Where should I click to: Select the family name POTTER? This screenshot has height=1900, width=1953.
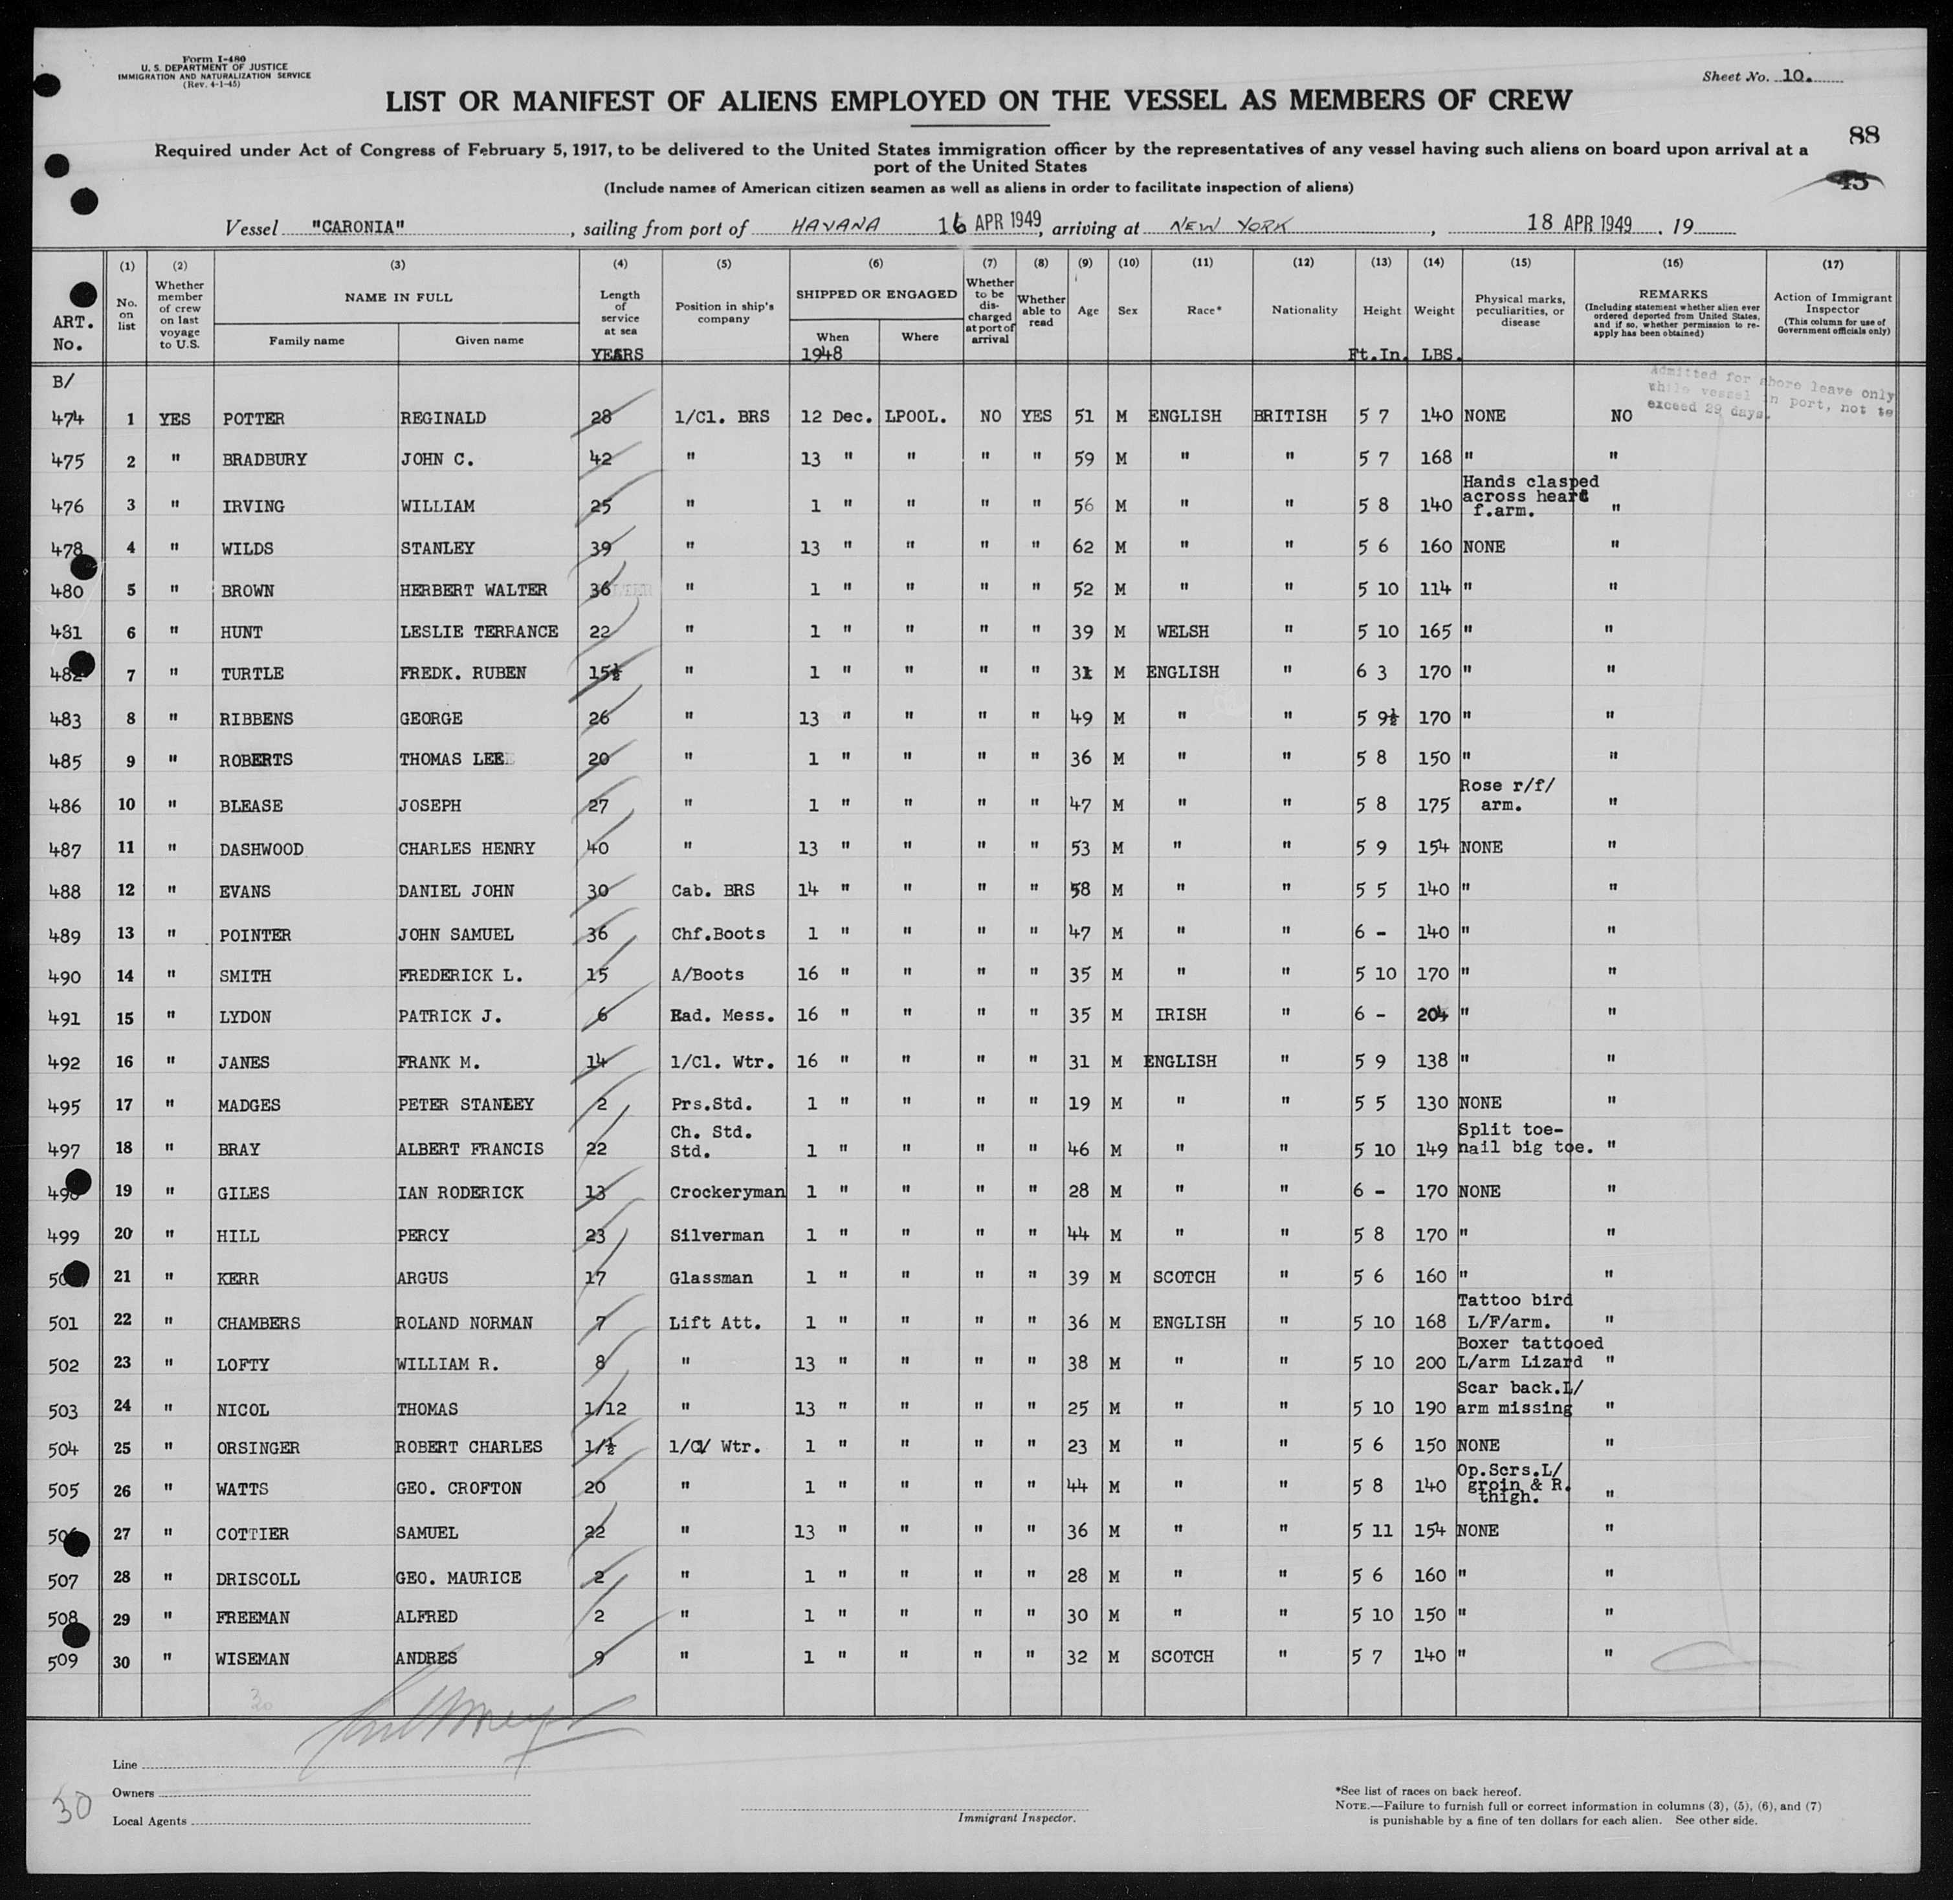coord(254,418)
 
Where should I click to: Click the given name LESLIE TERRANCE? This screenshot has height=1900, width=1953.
coord(479,631)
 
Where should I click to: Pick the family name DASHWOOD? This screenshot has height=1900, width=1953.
coord(261,849)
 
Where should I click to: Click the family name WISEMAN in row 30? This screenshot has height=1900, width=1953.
coord(254,1659)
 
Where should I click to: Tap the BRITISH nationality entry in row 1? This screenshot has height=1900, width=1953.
coord(1289,416)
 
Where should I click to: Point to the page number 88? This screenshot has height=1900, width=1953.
coord(1863,136)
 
